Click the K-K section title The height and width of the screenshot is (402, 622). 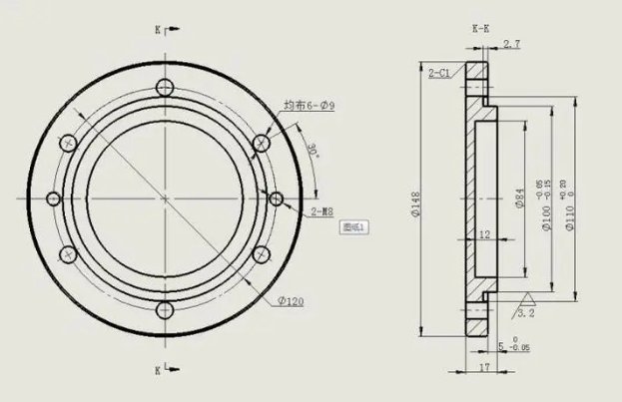tap(481, 30)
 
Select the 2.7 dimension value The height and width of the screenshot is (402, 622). tap(510, 44)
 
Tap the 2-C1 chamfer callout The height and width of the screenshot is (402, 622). tap(438, 73)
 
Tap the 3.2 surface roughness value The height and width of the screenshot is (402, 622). tap(526, 312)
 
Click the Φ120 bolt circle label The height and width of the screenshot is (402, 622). tap(291, 300)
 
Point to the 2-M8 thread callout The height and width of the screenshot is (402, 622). tap(322, 212)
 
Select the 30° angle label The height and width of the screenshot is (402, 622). tap(313, 153)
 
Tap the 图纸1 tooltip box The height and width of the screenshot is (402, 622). tap(355, 227)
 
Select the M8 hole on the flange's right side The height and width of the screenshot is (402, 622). tap(277, 201)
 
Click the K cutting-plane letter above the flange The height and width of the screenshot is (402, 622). tap(157, 30)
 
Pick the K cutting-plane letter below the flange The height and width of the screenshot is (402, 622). tap(157, 370)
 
